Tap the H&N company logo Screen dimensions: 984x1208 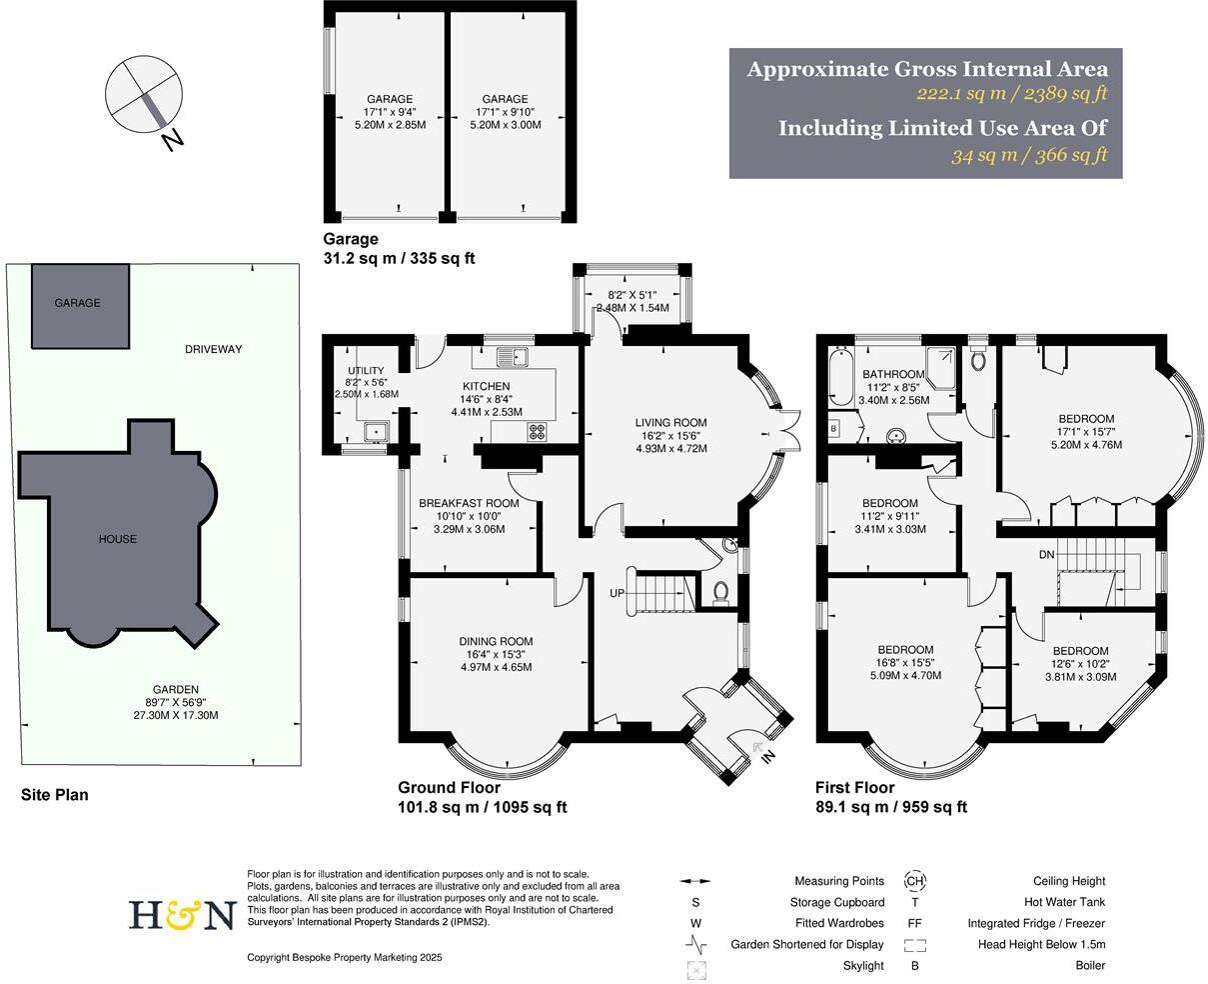[x=181, y=915]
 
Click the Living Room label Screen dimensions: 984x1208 [x=670, y=422]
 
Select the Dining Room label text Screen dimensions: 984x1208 [x=496, y=641]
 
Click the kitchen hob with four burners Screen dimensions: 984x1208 [x=537, y=432]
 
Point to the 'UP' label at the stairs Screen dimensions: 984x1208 [x=618, y=594]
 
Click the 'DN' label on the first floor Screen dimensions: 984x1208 [x=1047, y=554]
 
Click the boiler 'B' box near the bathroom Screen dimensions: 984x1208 [x=833, y=429]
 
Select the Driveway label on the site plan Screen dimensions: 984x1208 [x=213, y=349]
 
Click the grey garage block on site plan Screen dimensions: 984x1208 [x=79, y=302]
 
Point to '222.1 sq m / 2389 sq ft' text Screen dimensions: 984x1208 [x=1012, y=94]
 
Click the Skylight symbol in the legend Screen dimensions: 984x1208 [x=695, y=966]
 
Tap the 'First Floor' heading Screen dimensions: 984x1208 [x=854, y=788]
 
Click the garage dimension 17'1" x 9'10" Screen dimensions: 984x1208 [x=505, y=112]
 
